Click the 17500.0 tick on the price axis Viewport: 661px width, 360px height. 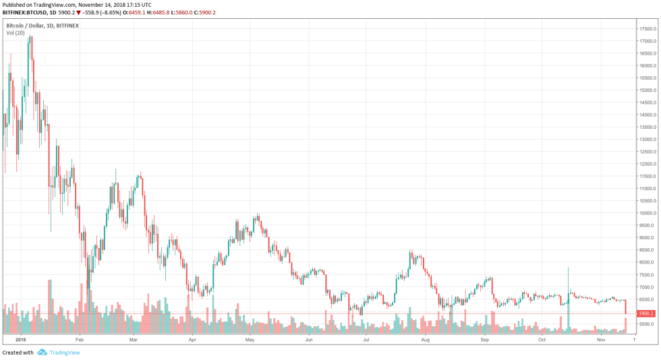pos(648,29)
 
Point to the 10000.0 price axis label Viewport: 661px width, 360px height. pos(648,213)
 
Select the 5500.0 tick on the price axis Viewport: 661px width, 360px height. pos(648,324)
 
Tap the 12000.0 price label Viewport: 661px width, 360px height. pos(648,164)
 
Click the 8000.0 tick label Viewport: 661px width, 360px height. pos(648,262)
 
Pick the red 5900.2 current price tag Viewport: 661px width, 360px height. pos(646,313)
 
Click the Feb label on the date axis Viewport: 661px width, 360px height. pos(79,340)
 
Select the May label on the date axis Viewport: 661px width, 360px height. pos(250,340)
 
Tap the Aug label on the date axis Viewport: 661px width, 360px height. pos(426,340)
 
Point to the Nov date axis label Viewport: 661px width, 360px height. pos(601,340)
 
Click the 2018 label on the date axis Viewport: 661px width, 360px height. pos(20,340)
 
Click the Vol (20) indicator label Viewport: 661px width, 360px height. pos(16,32)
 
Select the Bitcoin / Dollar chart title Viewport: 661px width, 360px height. pos(42,26)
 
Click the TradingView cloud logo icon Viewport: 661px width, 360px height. pos(42,352)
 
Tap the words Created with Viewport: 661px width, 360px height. pos(18,353)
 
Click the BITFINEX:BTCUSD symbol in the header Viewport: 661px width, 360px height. pos(28,12)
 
